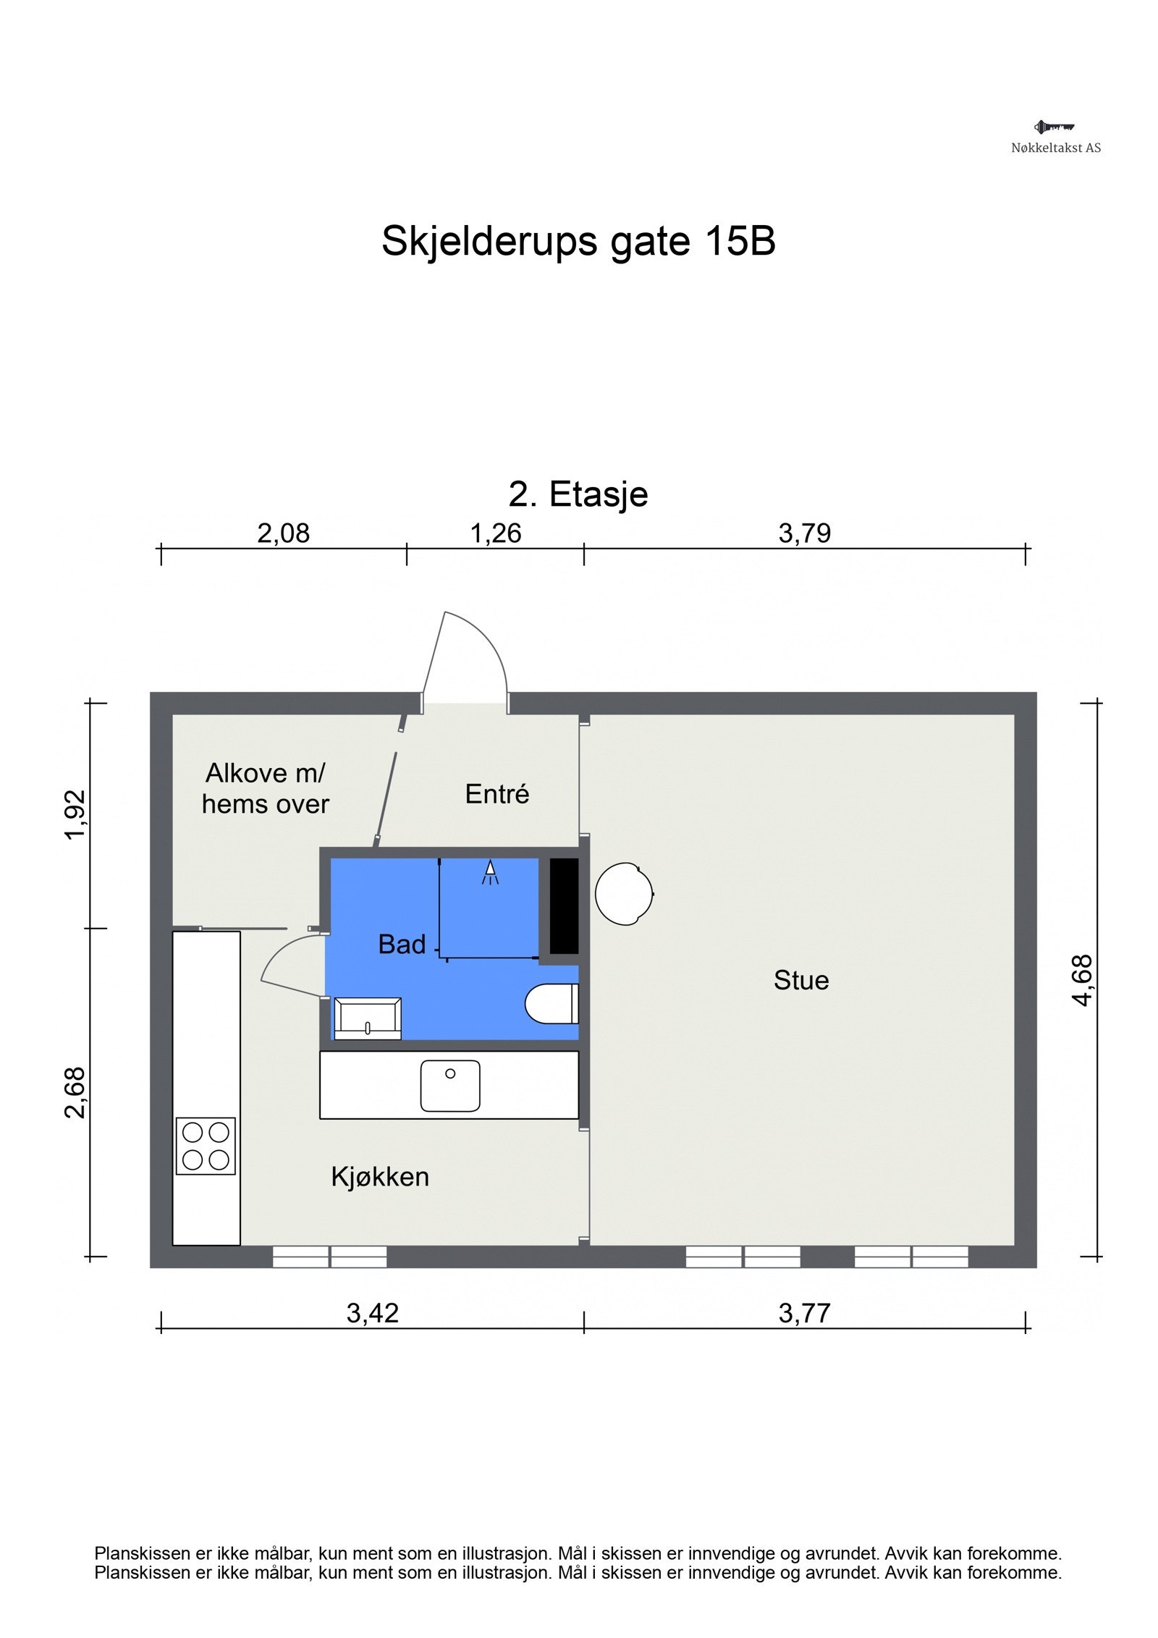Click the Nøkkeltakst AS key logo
[1054, 127]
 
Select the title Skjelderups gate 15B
[578, 240]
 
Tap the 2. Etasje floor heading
[578, 494]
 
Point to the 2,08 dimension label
[283, 533]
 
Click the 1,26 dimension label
[496, 533]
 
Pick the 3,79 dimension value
[804, 533]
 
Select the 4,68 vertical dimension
[1083, 980]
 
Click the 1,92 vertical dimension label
[75, 815]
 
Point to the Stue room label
[801, 981]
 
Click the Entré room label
[496, 794]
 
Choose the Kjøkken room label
[380, 1177]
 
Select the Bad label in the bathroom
[402, 944]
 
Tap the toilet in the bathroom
[551, 1004]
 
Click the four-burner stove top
[206, 1146]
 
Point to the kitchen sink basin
[450, 1086]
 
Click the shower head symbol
[490, 871]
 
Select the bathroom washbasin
[368, 1018]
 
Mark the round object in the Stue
[624, 894]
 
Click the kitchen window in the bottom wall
[329, 1257]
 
